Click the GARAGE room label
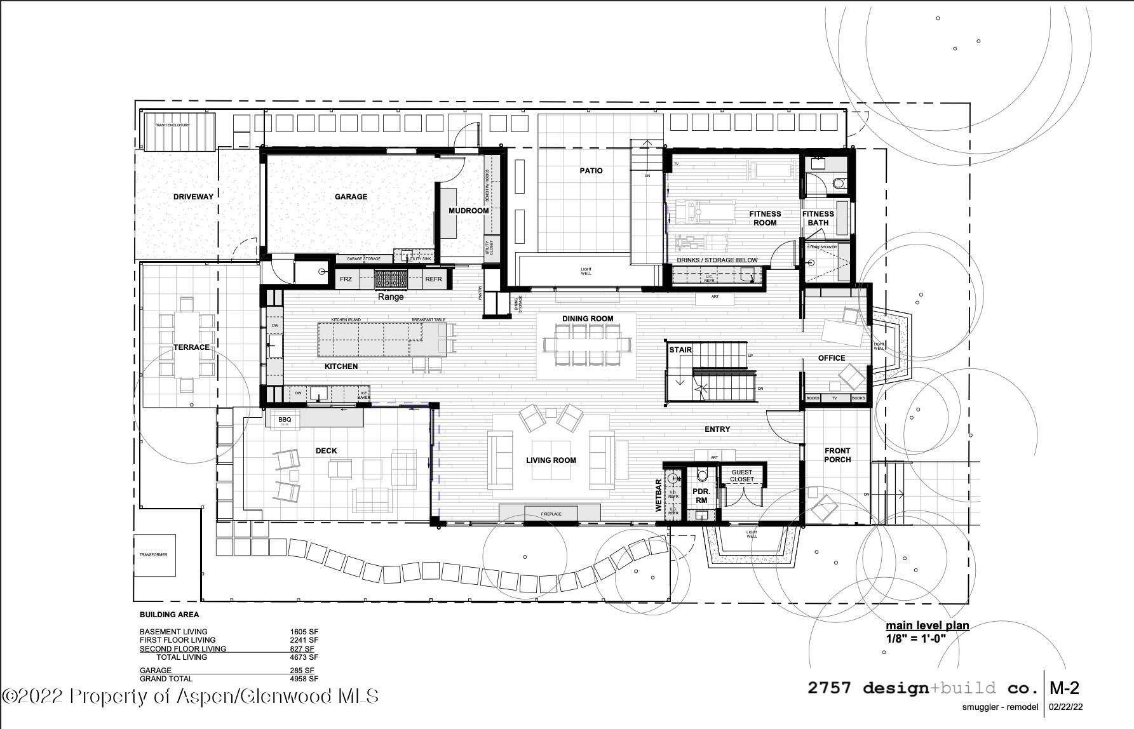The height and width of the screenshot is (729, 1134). pyautogui.click(x=351, y=197)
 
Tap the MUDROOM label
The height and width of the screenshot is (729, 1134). pyautogui.click(x=469, y=211)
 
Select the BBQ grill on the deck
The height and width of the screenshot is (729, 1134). pyautogui.click(x=285, y=420)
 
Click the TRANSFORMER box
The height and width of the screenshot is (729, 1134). pyautogui.click(x=154, y=555)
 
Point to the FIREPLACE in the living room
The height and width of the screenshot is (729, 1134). pyautogui.click(x=550, y=513)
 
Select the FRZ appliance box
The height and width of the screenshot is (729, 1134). pyautogui.click(x=346, y=279)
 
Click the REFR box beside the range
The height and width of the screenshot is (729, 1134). pyautogui.click(x=433, y=279)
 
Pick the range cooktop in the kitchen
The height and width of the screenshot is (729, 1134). pyautogui.click(x=391, y=279)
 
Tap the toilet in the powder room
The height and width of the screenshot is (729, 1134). pyautogui.click(x=702, y=474)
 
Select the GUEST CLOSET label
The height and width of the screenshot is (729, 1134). pyautogui.click(x=741, y=476)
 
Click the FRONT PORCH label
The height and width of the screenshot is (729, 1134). pyautogui.click(x=837, y=455)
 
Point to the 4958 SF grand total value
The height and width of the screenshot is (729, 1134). pyautogui.click(x=304, y=679)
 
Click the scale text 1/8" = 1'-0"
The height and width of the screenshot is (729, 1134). pyautogui.click(x=916, y=638)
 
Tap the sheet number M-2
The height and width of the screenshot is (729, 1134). pyautogui.click(x=1064, y=688)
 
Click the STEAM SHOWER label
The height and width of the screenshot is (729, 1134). pyautogui.click(x=822, y=246)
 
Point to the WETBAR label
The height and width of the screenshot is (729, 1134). pyautogui.click(x=659, y=495)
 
